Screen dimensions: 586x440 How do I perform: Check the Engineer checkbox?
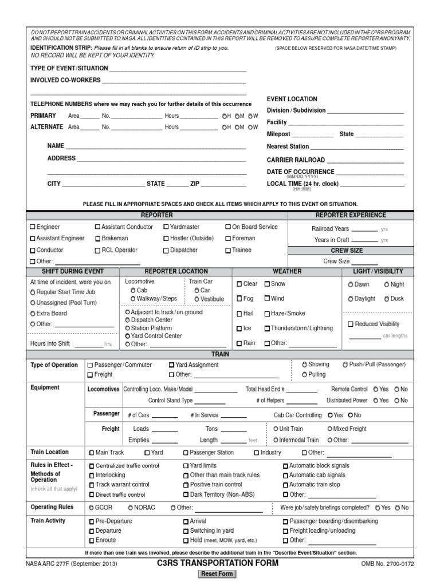[x=33, y=227]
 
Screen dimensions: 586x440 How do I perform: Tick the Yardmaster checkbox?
[x=166, y=227]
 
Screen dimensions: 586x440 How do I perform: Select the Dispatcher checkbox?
[x=166, y=251]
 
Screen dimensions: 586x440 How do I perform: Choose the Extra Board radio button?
[x=33, y=314]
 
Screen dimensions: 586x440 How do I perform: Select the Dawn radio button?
[x=351, y=284]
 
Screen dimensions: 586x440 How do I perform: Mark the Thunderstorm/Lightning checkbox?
[x=267, y=328]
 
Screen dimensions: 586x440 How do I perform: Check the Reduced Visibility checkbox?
[x=351, y=324]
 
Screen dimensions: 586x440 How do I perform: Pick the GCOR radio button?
[x=91, y=508]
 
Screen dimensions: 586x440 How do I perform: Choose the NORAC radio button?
[x=131, y=508]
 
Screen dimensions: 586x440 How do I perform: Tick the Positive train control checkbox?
[x=186, y=485]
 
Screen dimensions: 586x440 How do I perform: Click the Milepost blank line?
[x=313, y=135]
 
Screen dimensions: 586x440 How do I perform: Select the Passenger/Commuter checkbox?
[x=90, y=365]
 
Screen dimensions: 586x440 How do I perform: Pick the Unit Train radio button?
[x=275, y=429]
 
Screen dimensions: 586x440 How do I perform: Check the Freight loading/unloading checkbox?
[x=286, y=531]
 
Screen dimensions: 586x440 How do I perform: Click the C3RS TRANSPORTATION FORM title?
[x=218, y=563]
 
